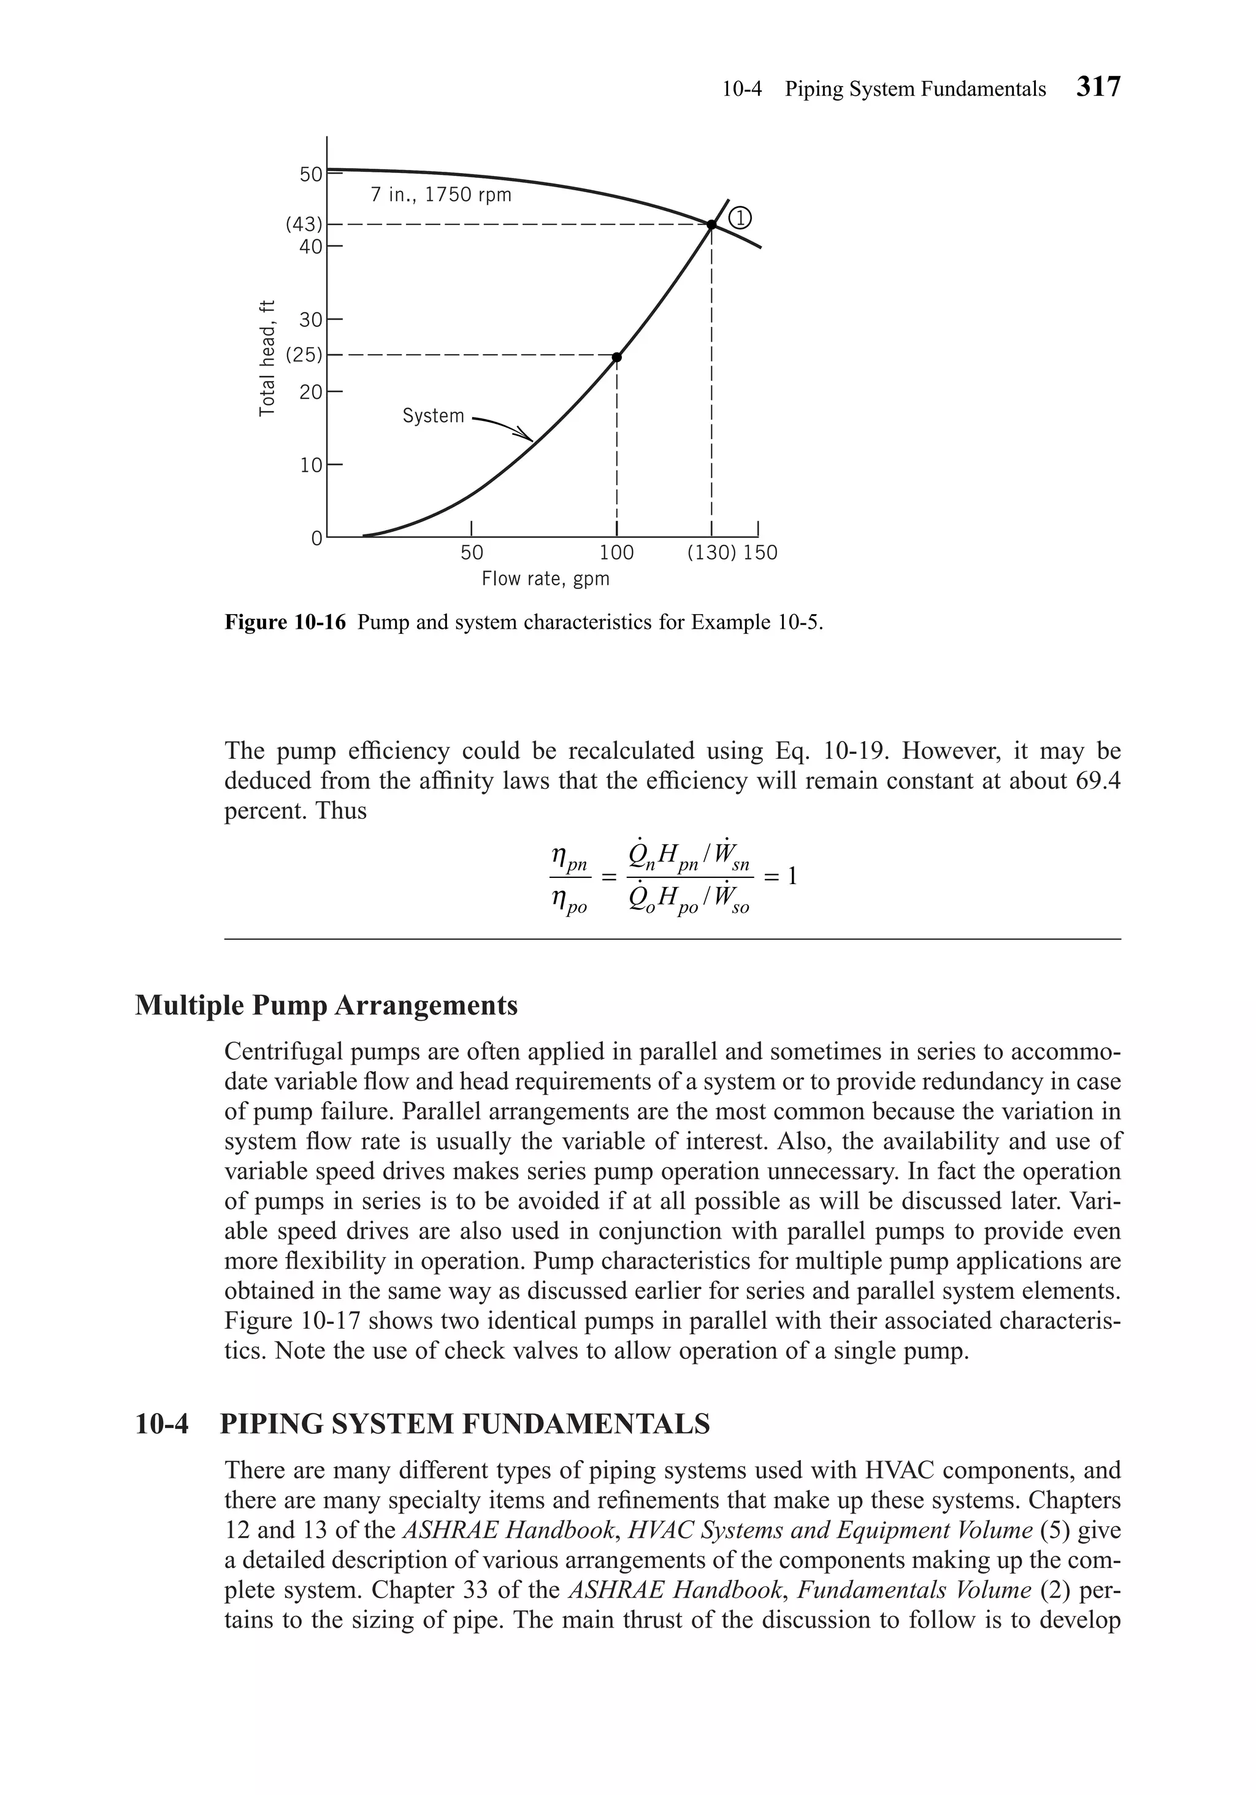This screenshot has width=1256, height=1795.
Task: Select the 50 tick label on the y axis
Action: [x=311, y=174]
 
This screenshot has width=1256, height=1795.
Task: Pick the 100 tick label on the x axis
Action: [x=617, y=553]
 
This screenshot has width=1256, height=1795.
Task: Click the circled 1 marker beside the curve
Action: [x=740, y=218]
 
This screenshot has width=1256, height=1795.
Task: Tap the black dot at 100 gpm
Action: [x=617, y=357]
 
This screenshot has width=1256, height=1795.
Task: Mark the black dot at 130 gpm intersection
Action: [x=711, y=225]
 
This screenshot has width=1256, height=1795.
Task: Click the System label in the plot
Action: [x=433, y=416]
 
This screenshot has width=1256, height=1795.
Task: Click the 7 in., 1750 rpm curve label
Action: [x=441, y=194]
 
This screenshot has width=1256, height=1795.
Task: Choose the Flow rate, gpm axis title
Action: [x=545, y=579]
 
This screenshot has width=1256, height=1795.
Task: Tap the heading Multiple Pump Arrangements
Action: [x=326, y=1005]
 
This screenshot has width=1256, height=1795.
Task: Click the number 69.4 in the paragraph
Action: [x=1098, y=781]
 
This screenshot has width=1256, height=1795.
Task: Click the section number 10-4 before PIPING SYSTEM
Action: [x=162, y=1424]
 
